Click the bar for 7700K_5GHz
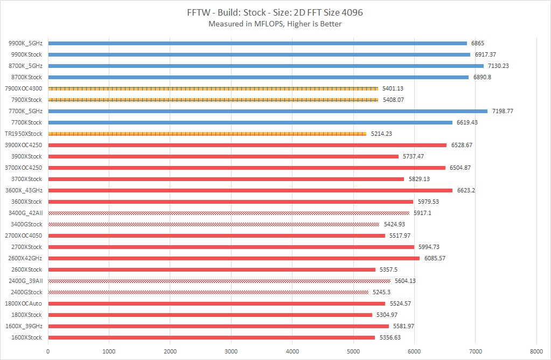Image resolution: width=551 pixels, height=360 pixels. [x=268, y=111]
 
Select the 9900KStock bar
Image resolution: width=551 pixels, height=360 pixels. [x=259, y=54]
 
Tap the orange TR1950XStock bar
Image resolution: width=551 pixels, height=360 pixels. [x=207, y=134]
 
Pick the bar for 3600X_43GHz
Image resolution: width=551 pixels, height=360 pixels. [x=250, y=190]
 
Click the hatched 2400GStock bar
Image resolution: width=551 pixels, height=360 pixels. [x=208, y=292]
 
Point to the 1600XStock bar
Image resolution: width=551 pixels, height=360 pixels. [x=212, y=337]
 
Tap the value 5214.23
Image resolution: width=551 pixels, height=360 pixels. [x=381, y=134]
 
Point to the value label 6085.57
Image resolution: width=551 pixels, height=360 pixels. [x=435, y=258]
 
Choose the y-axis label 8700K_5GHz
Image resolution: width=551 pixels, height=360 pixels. [x=25, y=66]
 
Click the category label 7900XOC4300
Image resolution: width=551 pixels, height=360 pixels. [x=23, y=88]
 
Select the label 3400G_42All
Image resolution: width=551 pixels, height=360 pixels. [x=26, y=213]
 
